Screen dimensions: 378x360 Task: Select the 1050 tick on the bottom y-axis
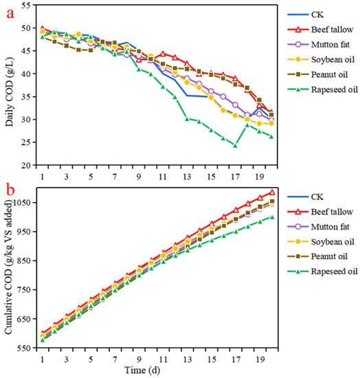pos(24,203)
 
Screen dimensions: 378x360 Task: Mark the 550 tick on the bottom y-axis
pos(26,348)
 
